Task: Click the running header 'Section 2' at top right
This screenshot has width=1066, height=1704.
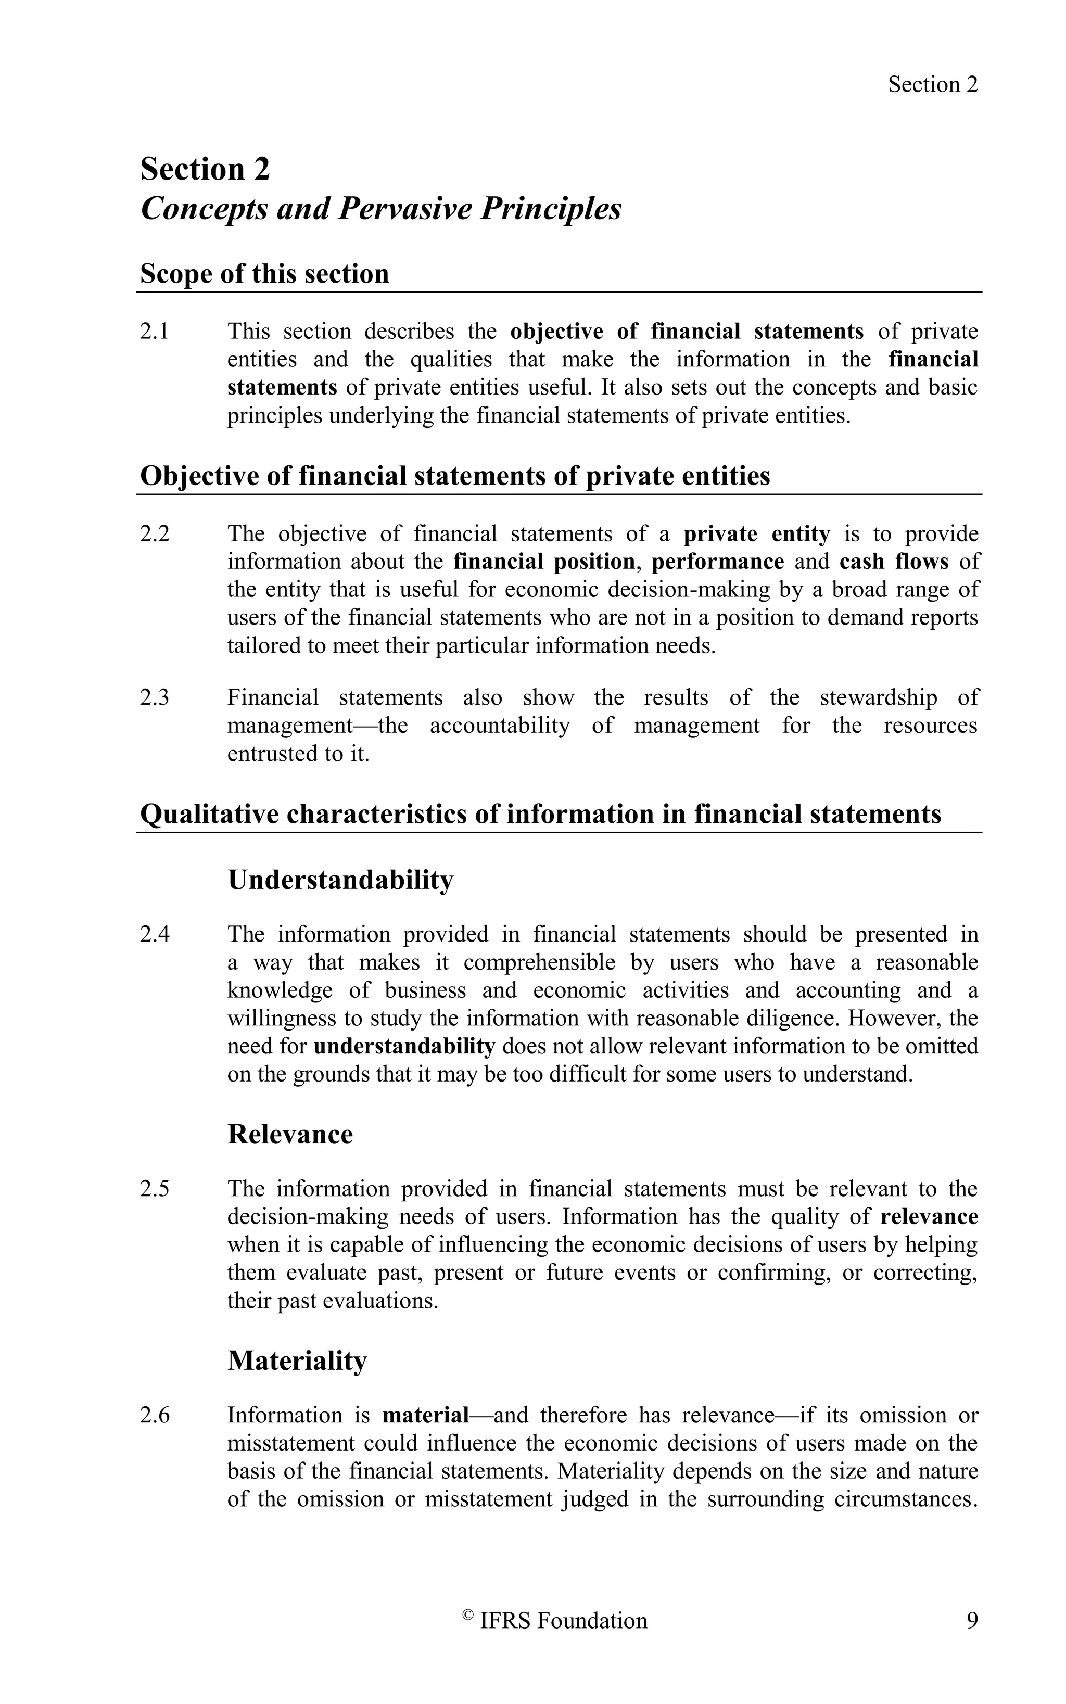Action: tap(932, 85)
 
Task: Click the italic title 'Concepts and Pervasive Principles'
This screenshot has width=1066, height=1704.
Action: tap(380, 209)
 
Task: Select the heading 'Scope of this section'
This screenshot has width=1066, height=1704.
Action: tap(264, 274)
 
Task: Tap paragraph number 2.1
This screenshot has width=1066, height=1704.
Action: tap(155, 332)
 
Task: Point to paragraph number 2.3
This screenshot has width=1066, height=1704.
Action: tap(155, 697)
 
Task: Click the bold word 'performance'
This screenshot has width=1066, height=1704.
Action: tap(717, 562)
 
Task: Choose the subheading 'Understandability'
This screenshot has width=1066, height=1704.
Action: tap(340, 880)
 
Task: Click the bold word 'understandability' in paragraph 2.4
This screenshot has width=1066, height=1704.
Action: tap(404, 1046)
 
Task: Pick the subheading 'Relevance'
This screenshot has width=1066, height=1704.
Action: tap(290, 1135)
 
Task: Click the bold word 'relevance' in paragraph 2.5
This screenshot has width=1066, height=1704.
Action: tap(929, 1217)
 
